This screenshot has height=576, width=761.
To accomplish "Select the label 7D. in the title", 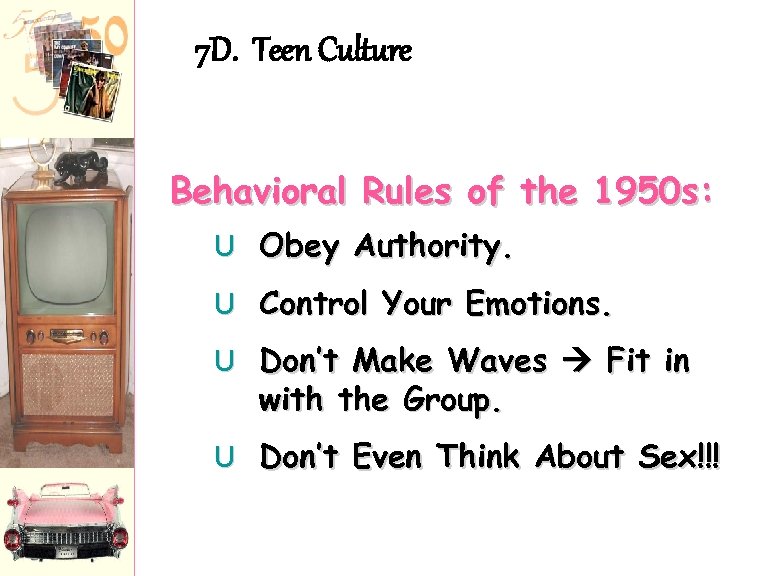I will pyautogui.click(x=215, y=50).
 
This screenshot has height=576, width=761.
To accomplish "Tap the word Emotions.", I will pyautogui.click(x=539, y=303).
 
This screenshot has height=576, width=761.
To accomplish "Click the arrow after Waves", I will pyautogui.click(x=578, y=360).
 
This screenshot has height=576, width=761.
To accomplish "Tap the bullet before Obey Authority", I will pyautogui.click(x=227, y=246).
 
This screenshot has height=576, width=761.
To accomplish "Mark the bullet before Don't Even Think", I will pyautogui.click(x=227, y=458).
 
